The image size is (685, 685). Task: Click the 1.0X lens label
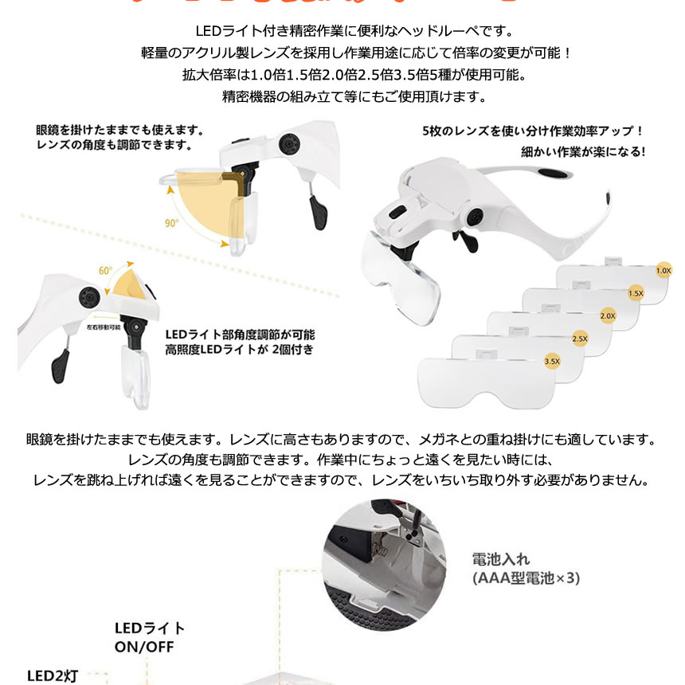(663, 271)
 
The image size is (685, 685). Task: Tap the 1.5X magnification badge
(635, 293)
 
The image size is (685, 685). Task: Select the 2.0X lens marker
(608, 316)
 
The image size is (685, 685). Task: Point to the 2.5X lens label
(579, 339)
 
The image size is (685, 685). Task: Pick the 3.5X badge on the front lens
(551, 362)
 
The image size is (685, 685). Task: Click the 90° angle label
(171, 224)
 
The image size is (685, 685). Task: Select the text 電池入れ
(500, 559)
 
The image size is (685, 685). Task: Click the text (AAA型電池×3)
(526, 578)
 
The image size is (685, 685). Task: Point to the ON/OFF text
(143, 648)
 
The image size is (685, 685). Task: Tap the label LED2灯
(53, 676)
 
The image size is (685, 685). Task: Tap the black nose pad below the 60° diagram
(59, 367)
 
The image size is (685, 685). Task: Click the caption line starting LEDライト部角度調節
(240, 335)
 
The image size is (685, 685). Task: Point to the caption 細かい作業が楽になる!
(583, 151)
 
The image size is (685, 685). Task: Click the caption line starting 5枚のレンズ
(532, 131)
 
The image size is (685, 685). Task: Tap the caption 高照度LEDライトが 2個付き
(239, 350)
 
